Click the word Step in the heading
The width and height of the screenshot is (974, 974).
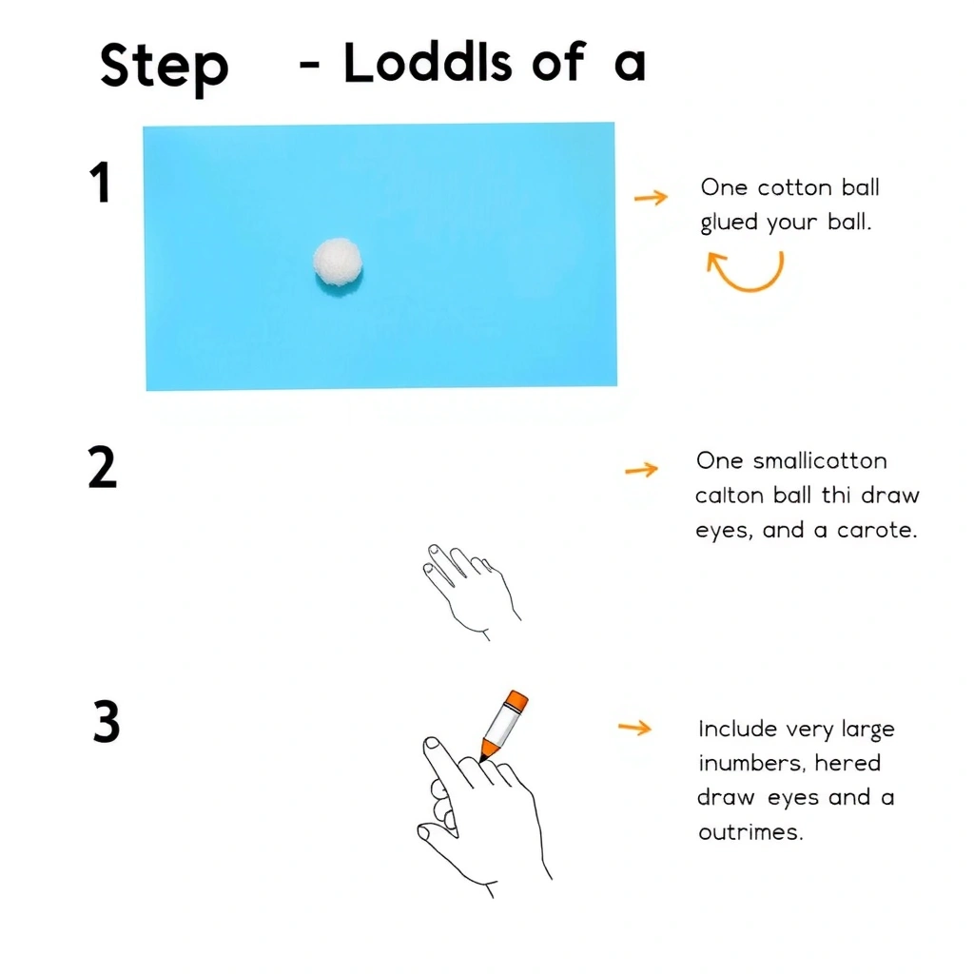164,68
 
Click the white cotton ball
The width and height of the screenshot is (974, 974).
338,263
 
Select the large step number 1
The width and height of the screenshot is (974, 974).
100,182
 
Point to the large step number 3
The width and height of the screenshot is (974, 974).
107,721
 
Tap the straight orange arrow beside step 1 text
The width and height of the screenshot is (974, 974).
651,198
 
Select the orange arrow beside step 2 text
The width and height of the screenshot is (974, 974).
641,469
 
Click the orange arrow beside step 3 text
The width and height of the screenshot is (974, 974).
634,728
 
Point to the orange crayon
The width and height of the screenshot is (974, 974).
503,725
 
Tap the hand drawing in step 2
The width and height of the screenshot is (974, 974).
471,591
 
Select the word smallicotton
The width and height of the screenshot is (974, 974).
820,461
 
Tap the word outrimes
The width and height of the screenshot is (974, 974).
750,831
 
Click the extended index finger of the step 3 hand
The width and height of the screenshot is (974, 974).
446,762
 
